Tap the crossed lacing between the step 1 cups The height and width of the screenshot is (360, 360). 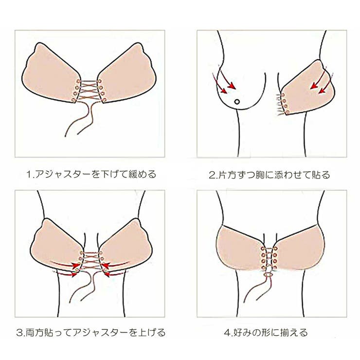(90, 90)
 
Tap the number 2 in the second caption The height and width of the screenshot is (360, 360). (212, 174)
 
